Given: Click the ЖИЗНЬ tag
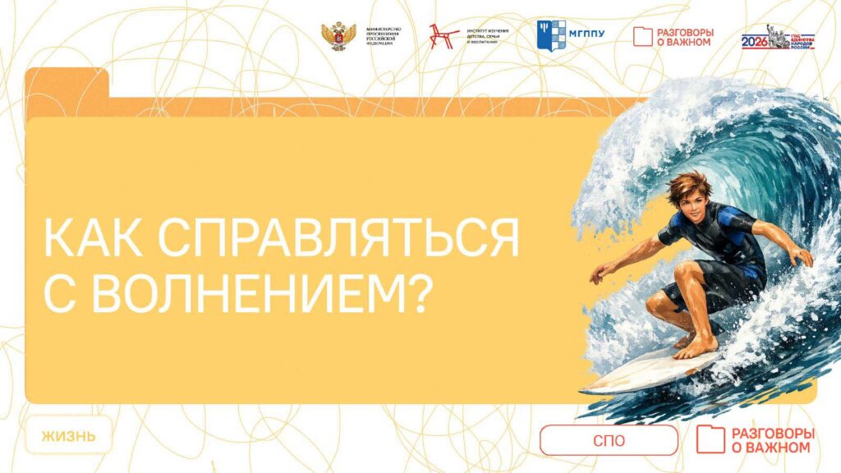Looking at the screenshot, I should tap(68, 436).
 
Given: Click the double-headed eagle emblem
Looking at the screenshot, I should tap(338, 36).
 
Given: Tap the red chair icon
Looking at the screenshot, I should tap(444, 36).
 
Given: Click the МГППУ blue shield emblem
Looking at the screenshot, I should tap(551, 35).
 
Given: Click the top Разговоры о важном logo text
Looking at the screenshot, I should tap(684, 36).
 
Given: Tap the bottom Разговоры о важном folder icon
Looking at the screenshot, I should tap(710, 439).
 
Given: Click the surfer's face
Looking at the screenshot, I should tap(688, 200).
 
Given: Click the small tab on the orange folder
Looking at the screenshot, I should tap(66, 81).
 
